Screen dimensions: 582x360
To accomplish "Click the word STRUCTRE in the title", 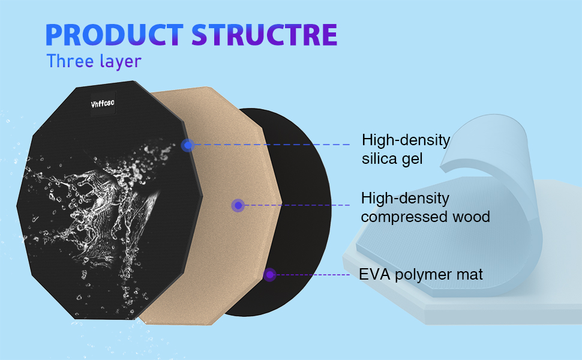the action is tap(264, 35).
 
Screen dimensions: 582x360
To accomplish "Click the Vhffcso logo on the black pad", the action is tap(103, 103).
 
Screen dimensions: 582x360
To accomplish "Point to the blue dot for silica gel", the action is tap(188, 145).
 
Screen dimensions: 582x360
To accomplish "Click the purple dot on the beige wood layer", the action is tap(238, 206).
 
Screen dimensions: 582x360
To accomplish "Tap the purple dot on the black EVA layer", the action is tap(269, 275).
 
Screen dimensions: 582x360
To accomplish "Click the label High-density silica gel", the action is tap(406, 149).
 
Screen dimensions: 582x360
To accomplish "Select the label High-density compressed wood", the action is tap(425, 207).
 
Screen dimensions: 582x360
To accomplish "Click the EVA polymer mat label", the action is tap(421, 275).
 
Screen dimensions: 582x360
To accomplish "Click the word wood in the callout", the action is tap(472, 217).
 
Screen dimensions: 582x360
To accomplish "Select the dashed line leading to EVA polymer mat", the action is tap(312, 275).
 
